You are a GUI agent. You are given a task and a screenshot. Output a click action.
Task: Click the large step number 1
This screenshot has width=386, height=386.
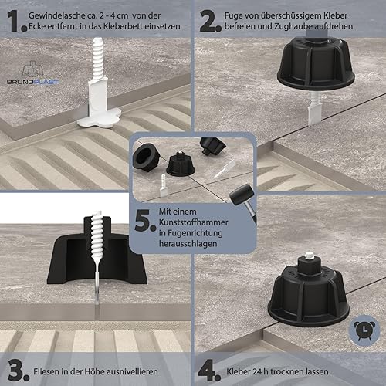[x=17, y=22]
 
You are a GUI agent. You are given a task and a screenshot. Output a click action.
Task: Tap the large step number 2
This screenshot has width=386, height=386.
[x=210, y=22]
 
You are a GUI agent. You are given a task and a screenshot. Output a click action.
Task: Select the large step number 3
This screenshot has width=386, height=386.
[x=19, y=371]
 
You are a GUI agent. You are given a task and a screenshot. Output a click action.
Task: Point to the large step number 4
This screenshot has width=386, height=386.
[x=209, y=371]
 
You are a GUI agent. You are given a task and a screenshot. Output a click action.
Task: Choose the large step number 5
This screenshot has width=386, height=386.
[x=145, y=220]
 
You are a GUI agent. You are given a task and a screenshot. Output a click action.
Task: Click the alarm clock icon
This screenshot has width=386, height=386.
[x=364, y=330]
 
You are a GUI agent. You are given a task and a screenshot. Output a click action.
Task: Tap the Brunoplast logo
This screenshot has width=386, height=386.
[x=32, y=73]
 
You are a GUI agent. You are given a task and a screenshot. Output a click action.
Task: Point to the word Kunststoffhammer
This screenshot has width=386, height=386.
[x=193, y=222]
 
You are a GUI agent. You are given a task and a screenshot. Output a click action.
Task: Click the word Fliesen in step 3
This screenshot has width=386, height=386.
[x=45, y=371]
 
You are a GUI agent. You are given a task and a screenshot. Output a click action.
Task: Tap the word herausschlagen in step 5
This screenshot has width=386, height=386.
[x=188, y=243]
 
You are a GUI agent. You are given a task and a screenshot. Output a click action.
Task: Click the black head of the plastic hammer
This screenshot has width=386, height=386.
[x=242, y=195]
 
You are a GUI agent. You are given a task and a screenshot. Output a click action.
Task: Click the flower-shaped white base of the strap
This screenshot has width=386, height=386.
[x=100, y=117]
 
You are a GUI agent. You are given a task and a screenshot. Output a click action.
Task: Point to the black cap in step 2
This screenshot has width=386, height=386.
[x=316, y=64]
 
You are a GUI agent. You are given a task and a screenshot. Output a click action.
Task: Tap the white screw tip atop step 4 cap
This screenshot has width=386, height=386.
[x=307, y=256]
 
